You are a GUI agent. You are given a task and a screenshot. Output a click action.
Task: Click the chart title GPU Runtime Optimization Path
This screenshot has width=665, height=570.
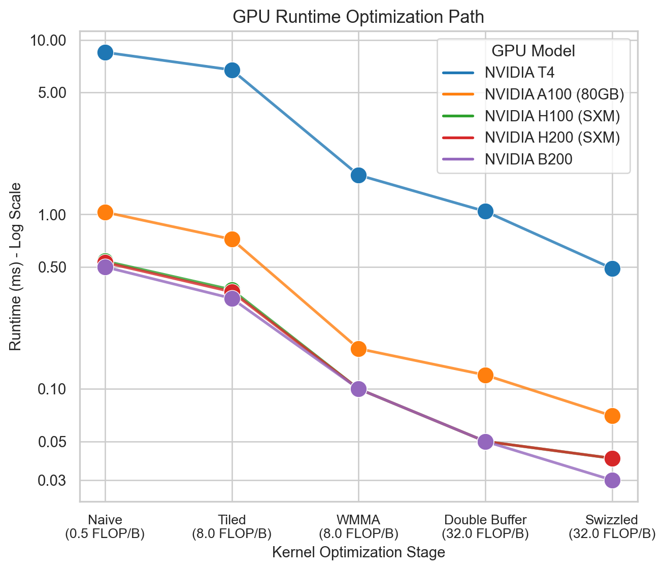point(358,17)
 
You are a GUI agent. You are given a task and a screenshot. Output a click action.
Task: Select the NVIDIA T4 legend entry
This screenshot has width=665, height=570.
point(519,73)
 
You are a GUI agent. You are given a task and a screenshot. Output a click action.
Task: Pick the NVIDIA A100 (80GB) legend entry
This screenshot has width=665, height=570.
point(554,94)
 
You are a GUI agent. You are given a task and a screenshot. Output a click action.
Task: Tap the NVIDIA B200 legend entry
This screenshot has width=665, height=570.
point(528,159)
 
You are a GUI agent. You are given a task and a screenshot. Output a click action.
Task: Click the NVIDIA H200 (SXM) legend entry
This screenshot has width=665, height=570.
point(552,138)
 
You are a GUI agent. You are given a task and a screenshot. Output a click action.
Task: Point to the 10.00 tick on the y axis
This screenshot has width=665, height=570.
point(49,40)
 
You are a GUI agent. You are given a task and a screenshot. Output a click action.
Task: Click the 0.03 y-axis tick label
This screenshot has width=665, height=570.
point(52,480)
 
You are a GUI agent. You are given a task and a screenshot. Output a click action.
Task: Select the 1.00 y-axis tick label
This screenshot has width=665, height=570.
point(52,215)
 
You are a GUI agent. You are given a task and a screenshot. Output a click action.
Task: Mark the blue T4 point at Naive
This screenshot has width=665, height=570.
point(105,52)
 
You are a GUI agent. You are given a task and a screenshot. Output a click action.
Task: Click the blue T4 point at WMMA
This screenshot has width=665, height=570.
point(358,175)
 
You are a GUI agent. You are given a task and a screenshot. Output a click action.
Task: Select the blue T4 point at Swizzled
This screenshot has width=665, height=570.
point(612,269)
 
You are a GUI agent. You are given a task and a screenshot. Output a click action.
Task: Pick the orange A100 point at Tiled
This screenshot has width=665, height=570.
point(232,239)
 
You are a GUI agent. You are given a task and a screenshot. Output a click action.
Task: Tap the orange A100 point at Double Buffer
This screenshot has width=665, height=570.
point(485,375)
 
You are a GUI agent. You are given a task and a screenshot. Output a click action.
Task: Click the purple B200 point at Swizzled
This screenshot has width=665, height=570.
point(612,480)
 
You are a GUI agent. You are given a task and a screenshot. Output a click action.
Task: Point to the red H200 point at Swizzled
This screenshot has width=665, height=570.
point(612,458)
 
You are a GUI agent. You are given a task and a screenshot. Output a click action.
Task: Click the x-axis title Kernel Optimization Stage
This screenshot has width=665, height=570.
point(358,552)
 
